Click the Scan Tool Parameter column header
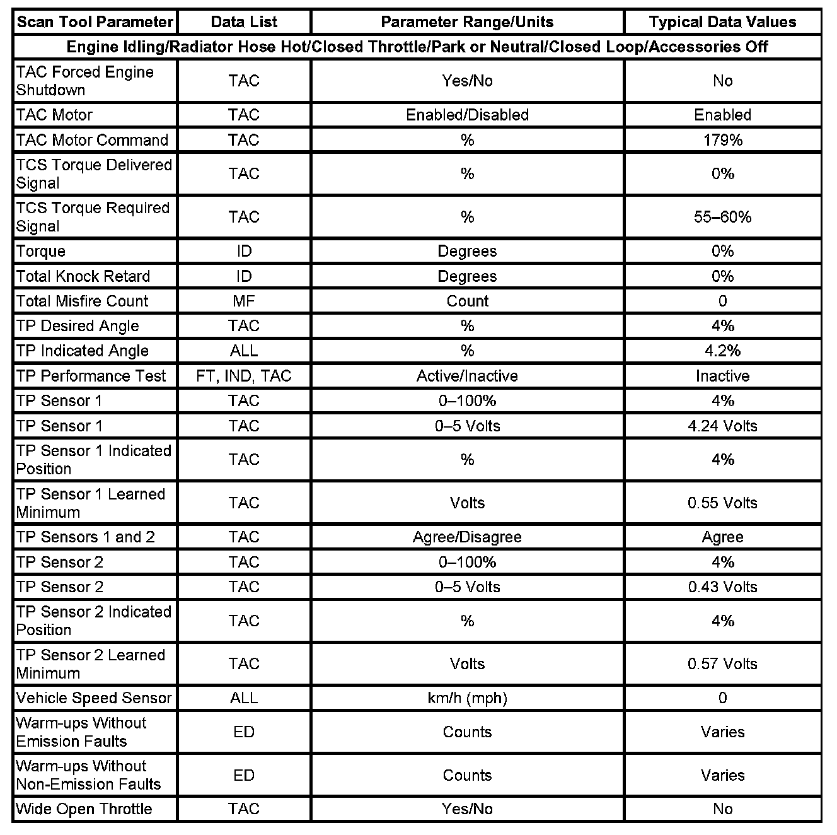point(95,22)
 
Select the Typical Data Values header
point(722,22)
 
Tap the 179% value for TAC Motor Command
point(722,140)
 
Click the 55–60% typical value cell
point(722,217)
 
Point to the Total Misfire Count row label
point(83,301)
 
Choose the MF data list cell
point(244,301)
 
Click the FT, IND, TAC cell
point(244,376)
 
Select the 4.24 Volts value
point(722,426)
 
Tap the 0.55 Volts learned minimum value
point(722,503)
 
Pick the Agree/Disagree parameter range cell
point(467,537)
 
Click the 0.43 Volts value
point(722,587)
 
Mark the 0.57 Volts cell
point(722,663)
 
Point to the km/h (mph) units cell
point(467,698)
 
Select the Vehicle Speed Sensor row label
point(94,698)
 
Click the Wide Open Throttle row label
point(84,809)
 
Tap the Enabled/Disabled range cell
point(467,115)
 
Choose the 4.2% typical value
point(722,351)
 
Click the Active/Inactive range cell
point(467,376)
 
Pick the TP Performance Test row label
point(91,376)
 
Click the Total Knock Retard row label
point(83,276)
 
